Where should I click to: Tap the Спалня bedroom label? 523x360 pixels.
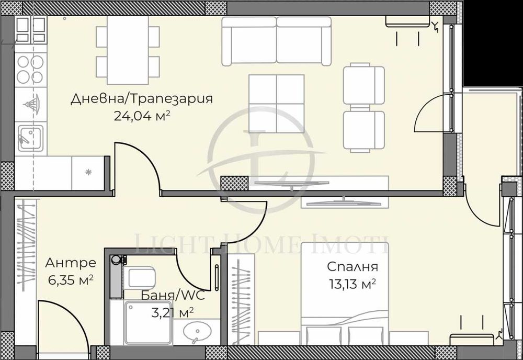(x=352, y=267)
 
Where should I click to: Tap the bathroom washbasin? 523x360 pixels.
(x=197, y=332)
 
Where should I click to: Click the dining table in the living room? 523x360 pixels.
(x=128, y=50)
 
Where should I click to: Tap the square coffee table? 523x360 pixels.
(x=276, y=103)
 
